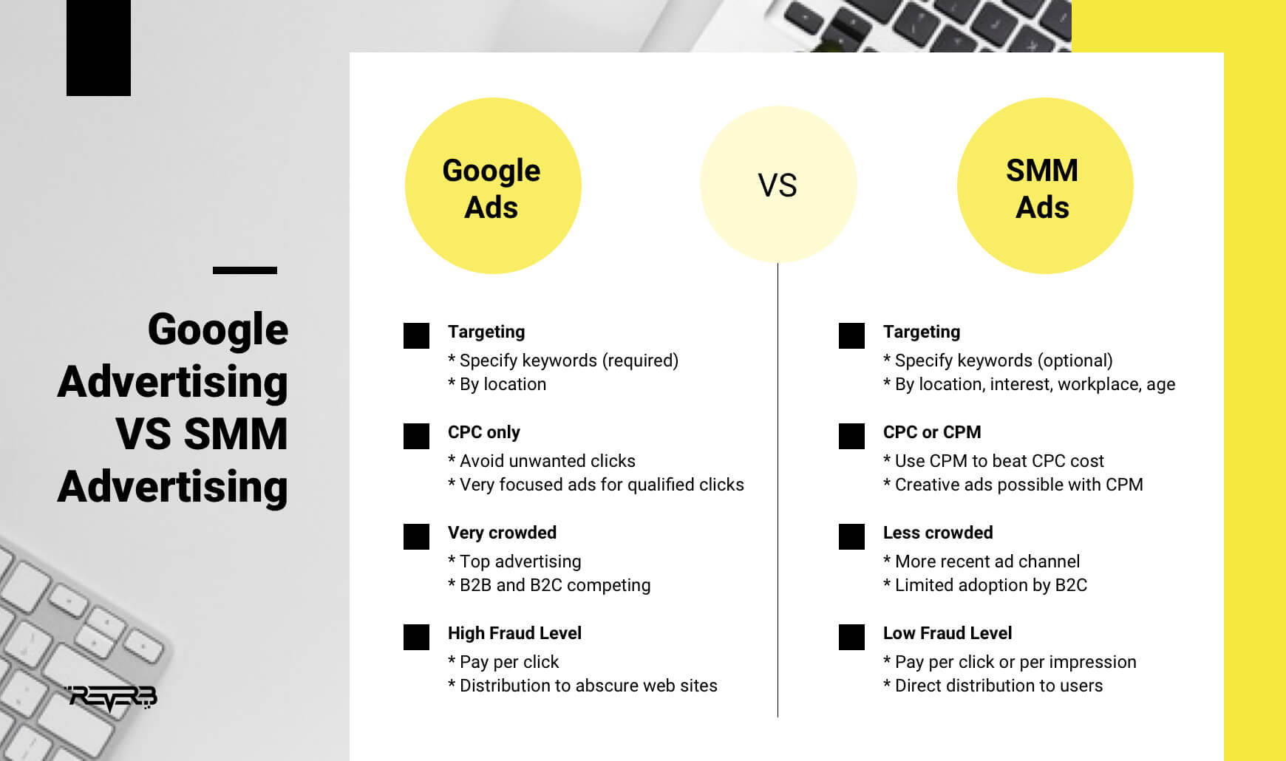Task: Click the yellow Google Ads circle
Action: click(493, 185)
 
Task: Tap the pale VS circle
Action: click(778, 184)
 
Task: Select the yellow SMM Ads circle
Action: click(1045, 185)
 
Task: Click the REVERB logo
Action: click(112, 698)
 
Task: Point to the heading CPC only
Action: click(484, 432)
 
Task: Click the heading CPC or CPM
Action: click(932, 432)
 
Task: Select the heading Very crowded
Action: click(502, 533)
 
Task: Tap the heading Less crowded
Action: click(938, 533)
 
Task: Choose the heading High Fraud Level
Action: click(514, 633)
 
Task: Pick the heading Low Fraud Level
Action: click(948, 633)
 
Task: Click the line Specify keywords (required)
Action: click(563, 361)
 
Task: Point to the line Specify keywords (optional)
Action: click(998, 361)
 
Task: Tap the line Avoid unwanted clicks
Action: click(542, 461)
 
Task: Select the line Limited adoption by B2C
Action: click(985, 585)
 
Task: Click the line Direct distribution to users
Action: click(993, 686)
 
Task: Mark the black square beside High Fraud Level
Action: click(416, 637)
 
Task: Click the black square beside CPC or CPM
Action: click(851, 436)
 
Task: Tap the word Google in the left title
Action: click(218, 330)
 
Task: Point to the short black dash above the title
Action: click(245, 270)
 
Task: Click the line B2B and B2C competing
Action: click(549, 585)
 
